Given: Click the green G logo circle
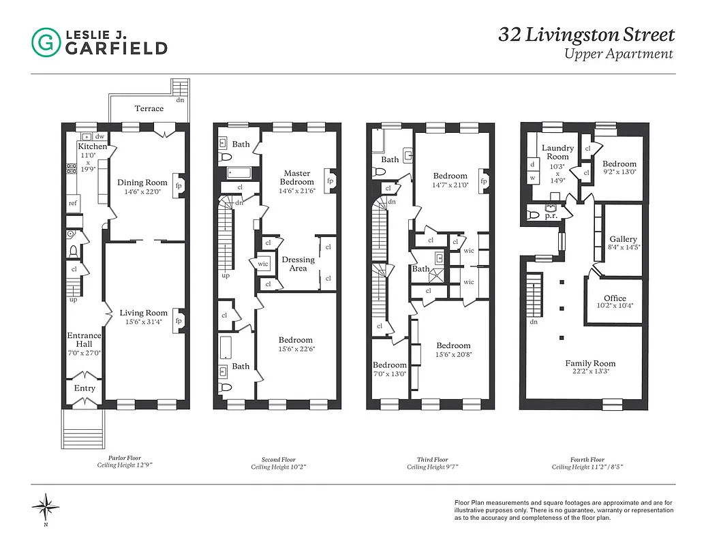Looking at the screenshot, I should [x=46, y=42].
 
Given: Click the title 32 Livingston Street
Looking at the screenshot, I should [x=586, y=35].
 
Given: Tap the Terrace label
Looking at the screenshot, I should [x=149, y=108].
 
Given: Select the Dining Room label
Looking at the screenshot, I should [x=142, y=183].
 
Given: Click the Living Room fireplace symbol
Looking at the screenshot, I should [x=179, y=321].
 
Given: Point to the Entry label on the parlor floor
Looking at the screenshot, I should [x=85, y=388].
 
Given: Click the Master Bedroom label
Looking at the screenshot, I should [x=298, y=178].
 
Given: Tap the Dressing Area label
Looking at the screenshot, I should [x=298, y=264].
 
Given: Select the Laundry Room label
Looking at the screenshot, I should [x=557, y=153].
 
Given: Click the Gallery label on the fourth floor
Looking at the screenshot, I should [x=623, y=239].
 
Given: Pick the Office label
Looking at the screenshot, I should [x=614, y=298].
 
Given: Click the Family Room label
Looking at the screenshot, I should [x=590, y=364].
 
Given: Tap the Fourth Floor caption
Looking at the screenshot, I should [x=587, y=460].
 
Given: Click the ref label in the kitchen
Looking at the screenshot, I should [x=73, y=203].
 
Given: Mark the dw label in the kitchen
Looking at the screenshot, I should [x=99, y=136].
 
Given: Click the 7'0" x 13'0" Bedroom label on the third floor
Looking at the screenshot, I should [x=389, y=365].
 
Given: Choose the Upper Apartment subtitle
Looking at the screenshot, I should [x=618, y=54].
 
